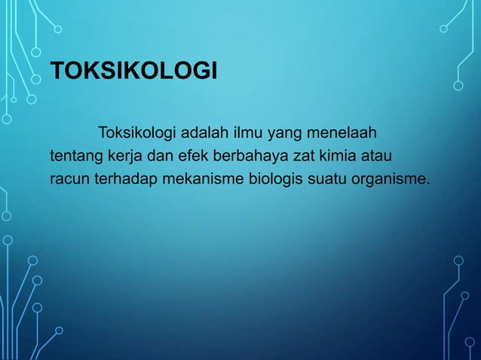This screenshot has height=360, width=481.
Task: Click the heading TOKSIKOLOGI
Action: (133, 73)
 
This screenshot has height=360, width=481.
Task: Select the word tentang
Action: (72, 157)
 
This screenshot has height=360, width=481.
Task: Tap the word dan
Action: (152, 157)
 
